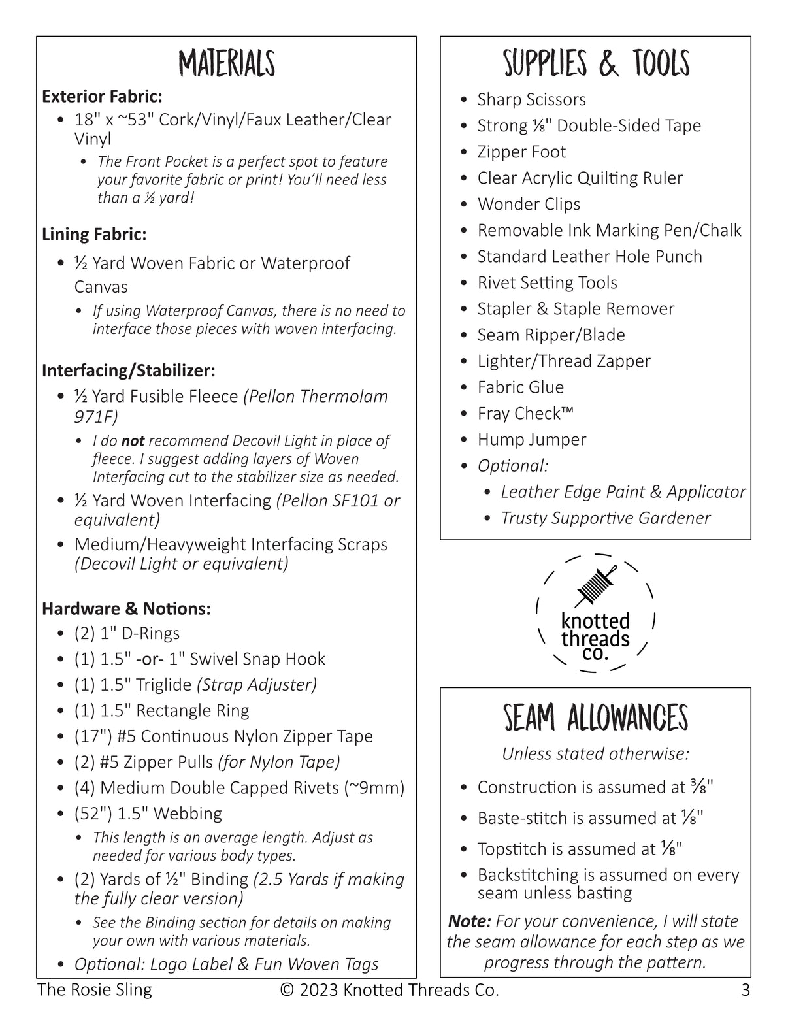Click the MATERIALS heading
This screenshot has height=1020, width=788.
point(227,64)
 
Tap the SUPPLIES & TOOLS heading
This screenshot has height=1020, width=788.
point(596,64)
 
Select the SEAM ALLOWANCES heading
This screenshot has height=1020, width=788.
point(595,718)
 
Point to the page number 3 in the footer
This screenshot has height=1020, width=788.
point(746,990)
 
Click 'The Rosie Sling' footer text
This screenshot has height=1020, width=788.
point(95,990)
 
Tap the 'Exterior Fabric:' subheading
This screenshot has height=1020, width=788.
point(102,97)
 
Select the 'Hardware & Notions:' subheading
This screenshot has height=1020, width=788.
point(126,609)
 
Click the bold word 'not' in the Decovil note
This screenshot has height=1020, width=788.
point(133,441)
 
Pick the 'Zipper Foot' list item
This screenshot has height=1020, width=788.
point(521,152)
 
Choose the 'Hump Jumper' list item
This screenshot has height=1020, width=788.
point(531,439)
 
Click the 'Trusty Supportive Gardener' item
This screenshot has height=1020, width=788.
point(605,518)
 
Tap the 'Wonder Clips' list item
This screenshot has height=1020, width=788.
point(529,204)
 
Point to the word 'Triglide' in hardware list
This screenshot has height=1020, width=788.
point(163,685)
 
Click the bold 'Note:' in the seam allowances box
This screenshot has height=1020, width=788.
point(469,921)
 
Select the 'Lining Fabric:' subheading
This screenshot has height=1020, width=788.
point(94,234)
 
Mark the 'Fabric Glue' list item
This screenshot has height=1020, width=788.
point(520,387)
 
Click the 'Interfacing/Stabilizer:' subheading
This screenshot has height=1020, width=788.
point(129,370)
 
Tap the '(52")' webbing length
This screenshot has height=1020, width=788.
point(93,814)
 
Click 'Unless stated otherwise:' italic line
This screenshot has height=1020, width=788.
point(595,753)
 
